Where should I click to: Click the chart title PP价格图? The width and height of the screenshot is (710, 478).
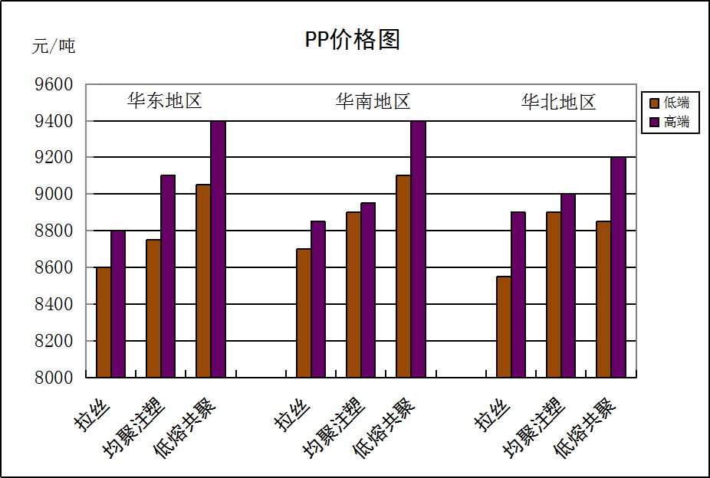click(x=353, y=40)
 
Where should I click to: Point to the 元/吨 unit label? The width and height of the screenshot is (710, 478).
click(x=54, y=46)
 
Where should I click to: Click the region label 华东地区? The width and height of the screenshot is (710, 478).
click(x=164, y=101)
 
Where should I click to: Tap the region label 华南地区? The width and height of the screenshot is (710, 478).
click(x=373, y=101)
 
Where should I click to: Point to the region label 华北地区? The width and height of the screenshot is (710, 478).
click(x=558, y=103)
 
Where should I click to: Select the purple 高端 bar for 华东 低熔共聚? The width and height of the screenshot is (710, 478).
click(x=218, y=249)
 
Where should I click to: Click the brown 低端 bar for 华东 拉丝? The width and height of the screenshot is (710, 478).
click(x=104, y=322)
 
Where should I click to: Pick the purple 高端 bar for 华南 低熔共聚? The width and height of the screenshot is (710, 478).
click(x=418, y=249)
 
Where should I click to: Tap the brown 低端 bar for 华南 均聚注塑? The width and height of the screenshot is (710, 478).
click(x=353, y=294)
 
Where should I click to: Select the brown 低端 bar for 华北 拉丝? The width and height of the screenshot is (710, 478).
click(x=504, y=326)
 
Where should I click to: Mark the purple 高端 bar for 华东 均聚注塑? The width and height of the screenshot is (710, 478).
click(x=168, y=276)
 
